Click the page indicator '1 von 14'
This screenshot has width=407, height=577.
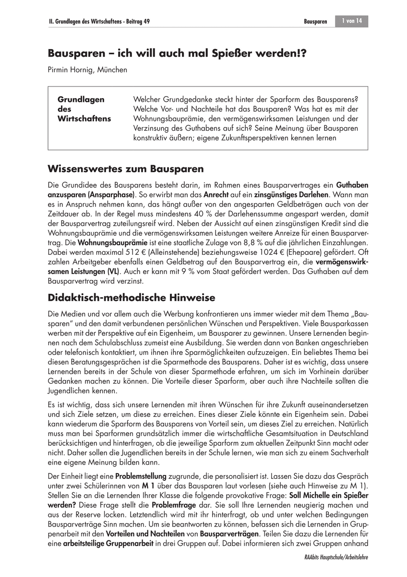[352, 21]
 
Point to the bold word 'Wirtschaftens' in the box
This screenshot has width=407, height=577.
[84, 119]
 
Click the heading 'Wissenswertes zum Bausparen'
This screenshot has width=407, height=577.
[126, 169]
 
